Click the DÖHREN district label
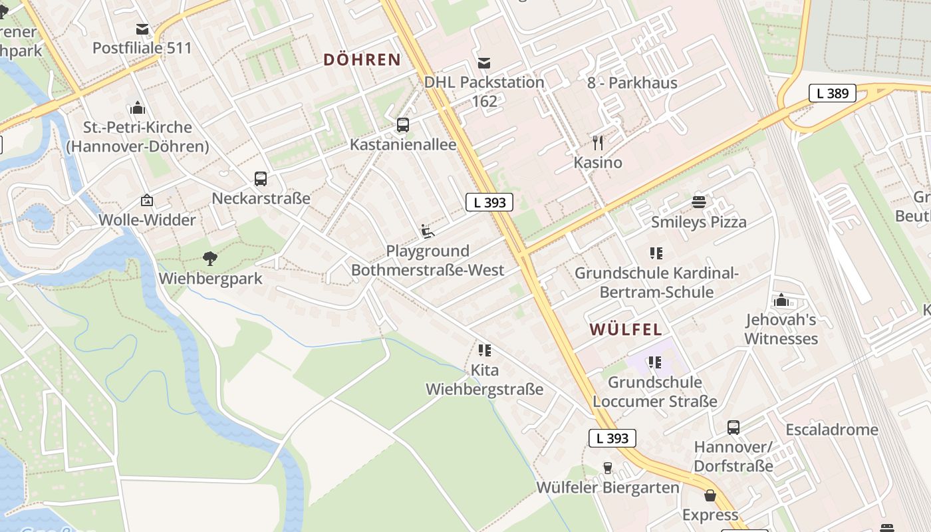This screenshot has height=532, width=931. point(362,60)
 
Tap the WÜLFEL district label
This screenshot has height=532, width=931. point(625,329)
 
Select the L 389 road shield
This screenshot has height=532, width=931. point(832,93)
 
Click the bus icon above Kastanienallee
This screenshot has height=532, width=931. point(402,124)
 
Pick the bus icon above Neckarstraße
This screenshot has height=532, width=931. point(261,178)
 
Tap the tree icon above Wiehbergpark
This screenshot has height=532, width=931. point(210,258)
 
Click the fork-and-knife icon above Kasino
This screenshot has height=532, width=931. point(598,142)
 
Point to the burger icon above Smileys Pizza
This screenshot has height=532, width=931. point(698,201)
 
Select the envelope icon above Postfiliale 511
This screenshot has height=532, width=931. point(142,29)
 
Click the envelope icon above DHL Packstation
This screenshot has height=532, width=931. point(484,63)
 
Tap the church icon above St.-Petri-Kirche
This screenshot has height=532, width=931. point(138,107)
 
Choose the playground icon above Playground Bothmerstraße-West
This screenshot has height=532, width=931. point(428,231)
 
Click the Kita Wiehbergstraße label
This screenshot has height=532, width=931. point(484,380)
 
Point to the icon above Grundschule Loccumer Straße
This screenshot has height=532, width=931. point(655,362)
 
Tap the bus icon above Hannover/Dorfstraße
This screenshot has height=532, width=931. point(733,427)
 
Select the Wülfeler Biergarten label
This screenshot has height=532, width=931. point(608,488)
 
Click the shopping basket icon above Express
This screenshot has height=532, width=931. point(710,495)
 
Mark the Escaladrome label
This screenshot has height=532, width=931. point(831,430)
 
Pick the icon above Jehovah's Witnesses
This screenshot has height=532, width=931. point(781,300)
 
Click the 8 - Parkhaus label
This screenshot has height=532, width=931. point(632,83)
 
